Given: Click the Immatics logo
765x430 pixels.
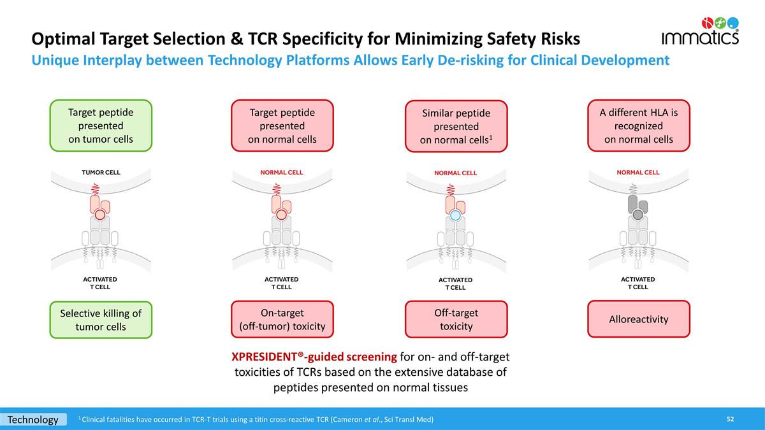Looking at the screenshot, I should (700, 31).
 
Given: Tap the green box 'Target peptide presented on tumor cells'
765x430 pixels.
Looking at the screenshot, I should (101, 125).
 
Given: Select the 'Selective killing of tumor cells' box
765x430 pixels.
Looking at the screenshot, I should (101, 320).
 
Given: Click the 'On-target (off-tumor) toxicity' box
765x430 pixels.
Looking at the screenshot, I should (282, 319).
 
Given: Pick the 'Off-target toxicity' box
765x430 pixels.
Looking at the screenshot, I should (456, 319).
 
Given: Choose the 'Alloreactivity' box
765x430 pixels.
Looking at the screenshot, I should (638, 319).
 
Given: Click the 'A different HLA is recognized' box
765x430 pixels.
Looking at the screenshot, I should (638, 125).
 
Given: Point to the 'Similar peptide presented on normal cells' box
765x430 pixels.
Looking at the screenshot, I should (456, 126).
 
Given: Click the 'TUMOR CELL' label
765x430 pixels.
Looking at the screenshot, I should (101, 173).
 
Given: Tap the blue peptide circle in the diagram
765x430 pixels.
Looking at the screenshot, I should (455, 216).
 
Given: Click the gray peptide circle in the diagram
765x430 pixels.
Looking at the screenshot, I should (637, 215).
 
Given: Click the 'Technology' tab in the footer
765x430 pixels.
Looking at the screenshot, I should (33, 419).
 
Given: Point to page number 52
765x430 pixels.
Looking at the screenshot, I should (731, 419).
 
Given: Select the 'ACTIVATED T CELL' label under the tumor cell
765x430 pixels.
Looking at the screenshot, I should (101, 283).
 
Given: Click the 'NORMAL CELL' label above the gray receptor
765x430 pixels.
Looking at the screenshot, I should (637, 173).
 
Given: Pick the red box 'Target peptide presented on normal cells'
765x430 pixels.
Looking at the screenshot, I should (282, 125).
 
